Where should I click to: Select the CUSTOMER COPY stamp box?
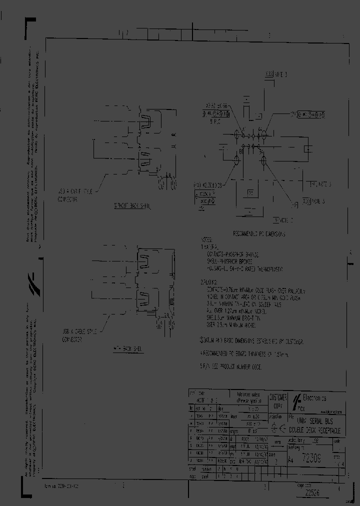tap(278, 401)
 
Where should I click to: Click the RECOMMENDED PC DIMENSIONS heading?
tap(260, 234)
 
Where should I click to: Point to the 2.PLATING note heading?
tap(209, 282)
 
